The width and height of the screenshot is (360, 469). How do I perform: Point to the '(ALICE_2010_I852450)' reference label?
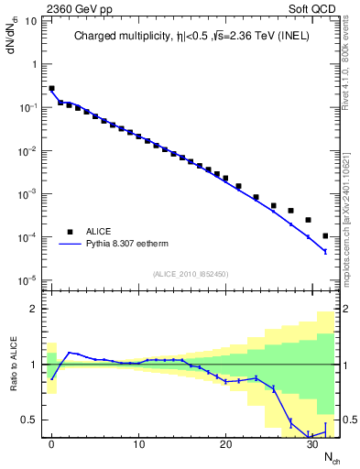pyautogui.click(x=191, y=273)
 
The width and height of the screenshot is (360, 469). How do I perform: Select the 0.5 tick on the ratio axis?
pyautogui.click(x=31, y=420)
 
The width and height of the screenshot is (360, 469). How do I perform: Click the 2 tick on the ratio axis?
pyautogui.click(x=37, y=309)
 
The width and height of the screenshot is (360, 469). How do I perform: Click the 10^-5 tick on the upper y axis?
pyautogui.click(x=28, y=279)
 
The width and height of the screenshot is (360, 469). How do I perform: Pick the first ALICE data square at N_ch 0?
pyautogui.click(x=52, y=89)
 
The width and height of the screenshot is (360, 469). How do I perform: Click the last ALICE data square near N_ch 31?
pyautogui.click(x=325, y=236)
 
